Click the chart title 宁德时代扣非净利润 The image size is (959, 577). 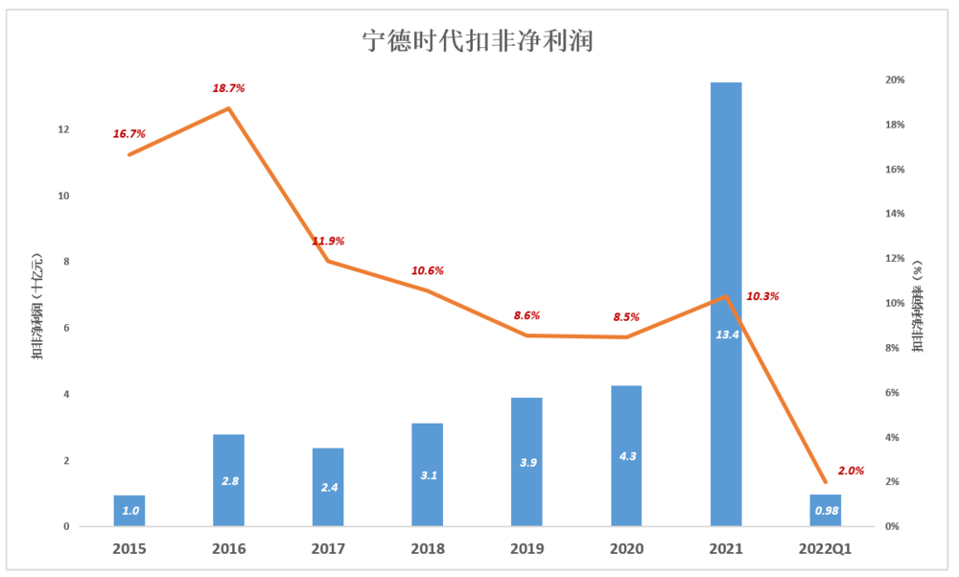coord(478,41)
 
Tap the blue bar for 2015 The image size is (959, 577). coord(129,510)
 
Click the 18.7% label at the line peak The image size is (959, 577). coord(228,88)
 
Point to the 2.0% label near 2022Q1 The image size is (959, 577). coord(851,471)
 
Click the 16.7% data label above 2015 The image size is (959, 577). coord(129,134)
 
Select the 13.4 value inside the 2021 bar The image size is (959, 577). coord(726,335)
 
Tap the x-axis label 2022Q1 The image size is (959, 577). coord(826,549)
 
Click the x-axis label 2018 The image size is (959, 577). coord(428,549)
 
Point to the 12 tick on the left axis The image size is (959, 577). coord(64,129)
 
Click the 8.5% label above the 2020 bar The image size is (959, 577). coord(626,317)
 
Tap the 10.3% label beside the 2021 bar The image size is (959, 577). coord(762,296)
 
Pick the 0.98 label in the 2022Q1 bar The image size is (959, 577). coord(826,511)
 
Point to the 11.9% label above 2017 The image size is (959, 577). coord(328,241)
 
